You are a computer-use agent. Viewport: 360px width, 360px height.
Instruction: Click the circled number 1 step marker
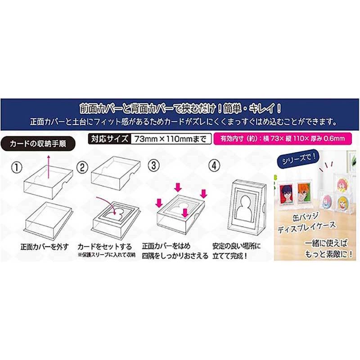point(16,167)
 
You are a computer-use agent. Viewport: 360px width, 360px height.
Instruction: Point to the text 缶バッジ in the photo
point(306,219)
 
